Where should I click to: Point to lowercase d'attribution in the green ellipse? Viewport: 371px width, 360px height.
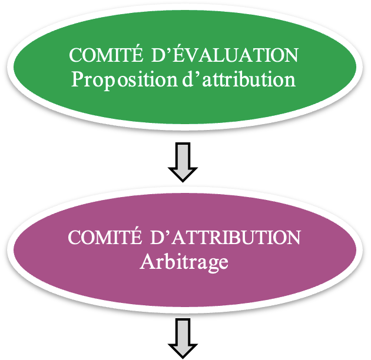coord(239,79)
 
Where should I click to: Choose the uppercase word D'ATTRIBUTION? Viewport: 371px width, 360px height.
coord(226,237)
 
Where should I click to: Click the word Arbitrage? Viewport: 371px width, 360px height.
coord(184,262)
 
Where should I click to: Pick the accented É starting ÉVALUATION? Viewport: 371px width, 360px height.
coord(179,53)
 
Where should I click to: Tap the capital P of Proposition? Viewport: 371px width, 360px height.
coord(77,79)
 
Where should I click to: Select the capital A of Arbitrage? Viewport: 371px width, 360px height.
coord(147,261)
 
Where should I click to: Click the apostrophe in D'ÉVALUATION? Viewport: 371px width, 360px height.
coord(169,51)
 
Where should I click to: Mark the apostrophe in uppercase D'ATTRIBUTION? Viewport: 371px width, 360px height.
coord(168,232)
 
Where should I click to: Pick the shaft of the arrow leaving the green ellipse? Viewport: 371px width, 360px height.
coord(183,155)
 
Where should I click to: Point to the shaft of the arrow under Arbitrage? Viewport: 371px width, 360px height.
coord(183,331)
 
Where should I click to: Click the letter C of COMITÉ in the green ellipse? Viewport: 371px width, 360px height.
coord(76,55)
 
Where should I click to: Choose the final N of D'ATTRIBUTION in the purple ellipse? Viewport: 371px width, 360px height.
coord(293,237)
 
